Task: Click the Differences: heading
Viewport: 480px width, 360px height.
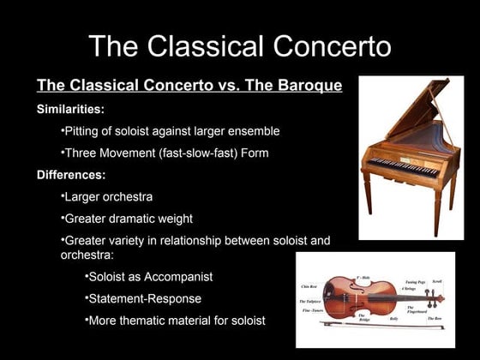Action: coord(71,175)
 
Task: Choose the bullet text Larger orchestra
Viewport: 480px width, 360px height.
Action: coord(108,197)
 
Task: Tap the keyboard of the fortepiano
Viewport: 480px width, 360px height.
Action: coord(403,164)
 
